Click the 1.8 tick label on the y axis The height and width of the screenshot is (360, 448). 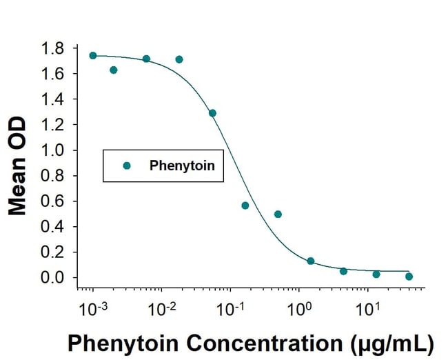coord(53,48)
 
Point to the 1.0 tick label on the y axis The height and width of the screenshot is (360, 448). coord(53,150)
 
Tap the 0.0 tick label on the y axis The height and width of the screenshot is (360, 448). coord(53,278)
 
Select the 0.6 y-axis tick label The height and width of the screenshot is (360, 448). coord(53,201)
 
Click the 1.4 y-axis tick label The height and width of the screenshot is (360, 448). coord(53,99)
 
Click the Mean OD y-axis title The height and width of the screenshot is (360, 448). coord(18,166)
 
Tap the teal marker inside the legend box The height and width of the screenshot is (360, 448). coord(126,166)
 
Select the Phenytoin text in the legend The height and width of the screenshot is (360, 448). coord(183,166)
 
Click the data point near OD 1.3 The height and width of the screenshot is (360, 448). coord(212,113)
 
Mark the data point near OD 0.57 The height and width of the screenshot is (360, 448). coord(245,206)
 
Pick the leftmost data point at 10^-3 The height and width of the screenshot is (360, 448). coord(93,56)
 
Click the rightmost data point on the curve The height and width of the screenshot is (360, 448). coord(409,277)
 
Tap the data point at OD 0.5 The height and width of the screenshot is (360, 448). coord(278,214)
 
